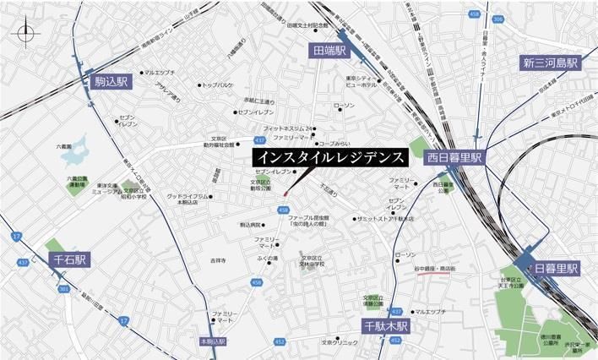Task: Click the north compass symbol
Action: [x=25, y=34]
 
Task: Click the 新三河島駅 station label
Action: [x=549, y=64]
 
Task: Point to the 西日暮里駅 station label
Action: [x=454, y=158]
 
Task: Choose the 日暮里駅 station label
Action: [x=555, y=268]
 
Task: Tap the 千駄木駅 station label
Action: [x=386, y=325]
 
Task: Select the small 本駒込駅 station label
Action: [x=214, y=341]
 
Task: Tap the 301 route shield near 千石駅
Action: [x=64, y=289]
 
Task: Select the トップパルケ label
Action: [x=218, y=85]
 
